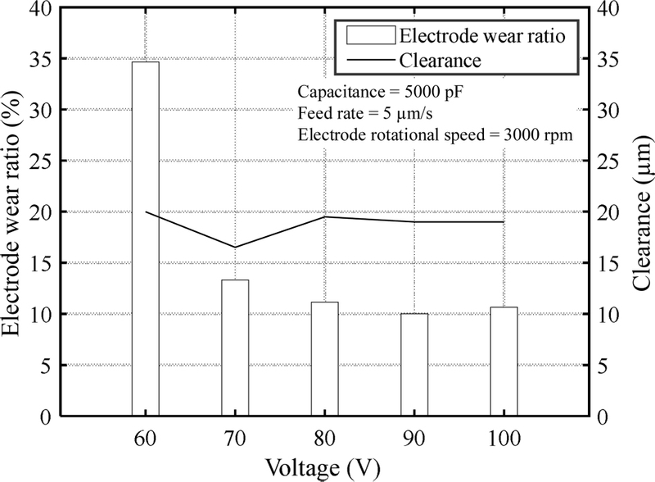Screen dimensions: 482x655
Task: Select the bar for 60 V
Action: (x=145, y=239)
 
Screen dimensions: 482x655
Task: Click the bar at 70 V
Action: (x=235, y=348)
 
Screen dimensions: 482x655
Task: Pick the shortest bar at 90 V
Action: (x=414, y=365)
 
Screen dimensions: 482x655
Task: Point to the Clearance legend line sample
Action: (x=369, y=59)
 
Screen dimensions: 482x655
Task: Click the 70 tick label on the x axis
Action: (x=235, y=439)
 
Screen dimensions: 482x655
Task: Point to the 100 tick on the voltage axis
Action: (x=504, y=439)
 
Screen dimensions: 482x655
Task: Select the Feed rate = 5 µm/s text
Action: (x=355, y=113)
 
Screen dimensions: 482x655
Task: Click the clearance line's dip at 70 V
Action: (x=235, y=247)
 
